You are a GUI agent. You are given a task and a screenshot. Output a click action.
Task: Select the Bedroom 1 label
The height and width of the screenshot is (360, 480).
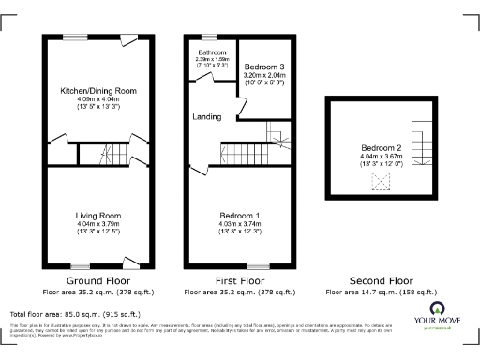click(x=238, y=216)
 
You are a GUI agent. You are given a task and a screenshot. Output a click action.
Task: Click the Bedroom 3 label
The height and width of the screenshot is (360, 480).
click(x=262, y=67)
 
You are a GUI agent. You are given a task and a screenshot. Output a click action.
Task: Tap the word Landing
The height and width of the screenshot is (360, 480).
click(x=207, y=117)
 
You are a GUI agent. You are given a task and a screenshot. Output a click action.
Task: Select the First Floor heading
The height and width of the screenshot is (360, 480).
click(x=238, y=280)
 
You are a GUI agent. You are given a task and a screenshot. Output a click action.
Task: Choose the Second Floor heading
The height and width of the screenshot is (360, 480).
click(x=381, y=280)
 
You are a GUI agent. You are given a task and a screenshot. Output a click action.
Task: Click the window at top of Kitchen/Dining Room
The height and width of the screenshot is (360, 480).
click(x=72, y=37)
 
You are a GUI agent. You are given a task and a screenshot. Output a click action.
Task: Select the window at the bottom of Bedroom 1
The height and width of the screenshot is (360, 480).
click(x=257, y=265)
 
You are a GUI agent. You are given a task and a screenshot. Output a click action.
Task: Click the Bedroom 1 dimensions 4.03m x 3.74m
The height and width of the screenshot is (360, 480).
click(x=238, y=224)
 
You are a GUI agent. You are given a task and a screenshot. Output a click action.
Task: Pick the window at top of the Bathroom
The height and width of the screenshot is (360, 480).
click(x=207, y=37)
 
